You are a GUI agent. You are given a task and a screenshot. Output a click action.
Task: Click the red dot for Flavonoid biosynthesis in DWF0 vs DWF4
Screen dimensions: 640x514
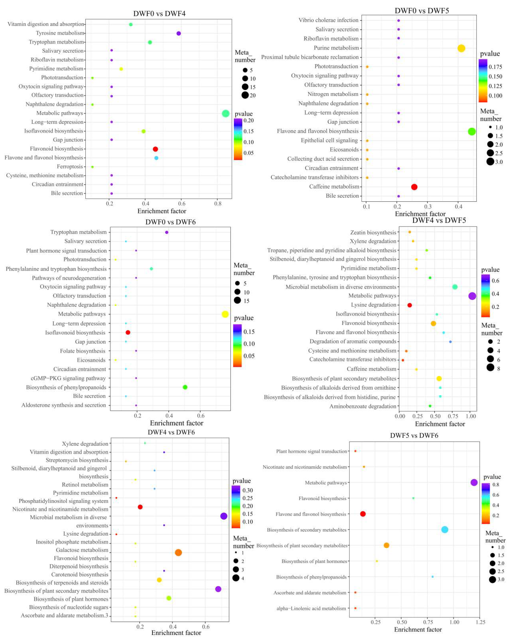point(155,149)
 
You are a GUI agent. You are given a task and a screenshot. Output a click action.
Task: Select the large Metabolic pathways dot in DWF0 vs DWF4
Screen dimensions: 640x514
point(225,113)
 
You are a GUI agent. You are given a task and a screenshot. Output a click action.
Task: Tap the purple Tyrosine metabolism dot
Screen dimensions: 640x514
point(179,33)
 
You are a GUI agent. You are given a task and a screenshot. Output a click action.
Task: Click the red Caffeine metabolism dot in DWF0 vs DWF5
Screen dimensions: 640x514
point(414,187)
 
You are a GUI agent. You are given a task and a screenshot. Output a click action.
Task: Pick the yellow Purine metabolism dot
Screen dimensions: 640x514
point(461,48)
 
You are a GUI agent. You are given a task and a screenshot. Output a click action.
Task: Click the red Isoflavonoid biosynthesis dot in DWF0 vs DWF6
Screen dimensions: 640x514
point(128,332)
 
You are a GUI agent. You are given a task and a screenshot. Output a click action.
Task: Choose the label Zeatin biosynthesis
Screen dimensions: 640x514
point(373,232)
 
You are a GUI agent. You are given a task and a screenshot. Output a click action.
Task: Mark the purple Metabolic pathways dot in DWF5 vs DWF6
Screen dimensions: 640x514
point(474,482)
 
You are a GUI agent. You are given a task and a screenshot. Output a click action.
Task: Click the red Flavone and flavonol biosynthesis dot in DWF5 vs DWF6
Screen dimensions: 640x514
point(363,514)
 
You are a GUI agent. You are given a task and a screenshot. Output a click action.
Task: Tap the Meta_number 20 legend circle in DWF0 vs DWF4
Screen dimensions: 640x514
point(245,95)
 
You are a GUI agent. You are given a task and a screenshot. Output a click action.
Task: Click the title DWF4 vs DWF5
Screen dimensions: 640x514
point(439,220)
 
